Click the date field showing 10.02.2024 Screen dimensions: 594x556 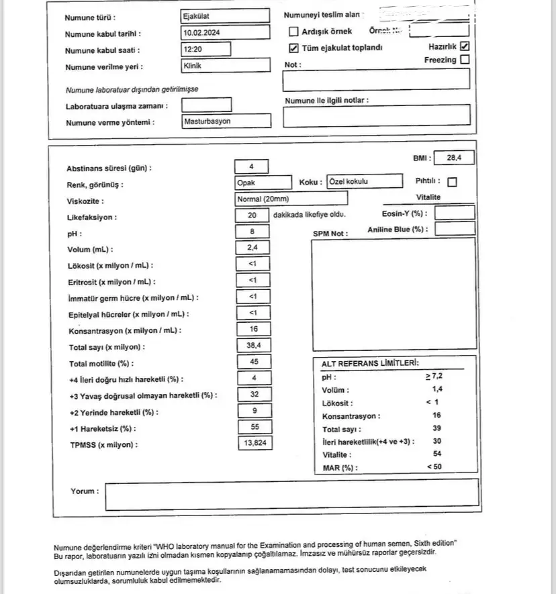[x=225, y=32]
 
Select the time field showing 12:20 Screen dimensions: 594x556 [x=205, y=49]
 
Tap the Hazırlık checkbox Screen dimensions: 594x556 [x=465, y=47]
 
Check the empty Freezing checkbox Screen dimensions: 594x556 [x=465, y=60]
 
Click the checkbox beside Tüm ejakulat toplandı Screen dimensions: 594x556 [x=293, y=48]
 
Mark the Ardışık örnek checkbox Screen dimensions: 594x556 [x=293, y=32]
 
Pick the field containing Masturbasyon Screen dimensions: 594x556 [x=226, y=121]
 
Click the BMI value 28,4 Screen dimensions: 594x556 [x=454, y=158]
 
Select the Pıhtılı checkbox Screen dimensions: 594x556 [x=452, y=182]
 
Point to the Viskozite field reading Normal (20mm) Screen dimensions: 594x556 [x=291, y=199]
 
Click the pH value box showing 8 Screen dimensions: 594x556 [x=252, y=232]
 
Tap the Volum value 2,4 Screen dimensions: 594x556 [x=252, y=248]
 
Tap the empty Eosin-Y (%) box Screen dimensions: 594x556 [x=454, y=213]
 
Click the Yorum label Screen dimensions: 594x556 [x=85, y=491]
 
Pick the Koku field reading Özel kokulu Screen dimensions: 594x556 [x=363, y=182]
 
